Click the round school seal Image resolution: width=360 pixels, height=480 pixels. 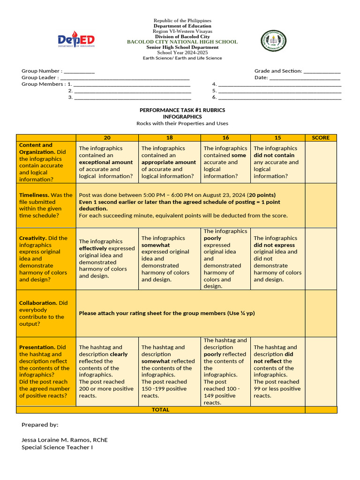(x=273, y=41)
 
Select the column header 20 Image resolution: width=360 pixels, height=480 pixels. (x=107, y=138)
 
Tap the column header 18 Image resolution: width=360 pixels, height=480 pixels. (x=169, y=138)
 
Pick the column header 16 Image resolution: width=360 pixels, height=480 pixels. (x=225, y=138)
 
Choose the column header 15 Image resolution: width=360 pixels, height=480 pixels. (x=277, y=138)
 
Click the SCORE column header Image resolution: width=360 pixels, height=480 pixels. (x=321, y=138)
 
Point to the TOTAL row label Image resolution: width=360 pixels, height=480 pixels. (x=160, y=410)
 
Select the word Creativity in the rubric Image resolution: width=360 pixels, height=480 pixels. (x=32, y=238)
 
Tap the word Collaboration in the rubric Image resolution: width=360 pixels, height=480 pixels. (x=36, y=303)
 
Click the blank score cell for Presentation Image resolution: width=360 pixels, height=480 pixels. (x=321, y=371)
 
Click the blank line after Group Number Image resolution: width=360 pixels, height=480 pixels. (x=79, y=71)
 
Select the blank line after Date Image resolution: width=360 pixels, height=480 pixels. (x=305, y=78)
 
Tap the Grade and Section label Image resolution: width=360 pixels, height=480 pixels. (x=278, y=71)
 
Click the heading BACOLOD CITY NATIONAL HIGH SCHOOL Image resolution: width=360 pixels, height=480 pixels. (x=182, y=42)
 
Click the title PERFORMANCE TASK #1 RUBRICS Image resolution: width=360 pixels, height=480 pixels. (x=182, y=110)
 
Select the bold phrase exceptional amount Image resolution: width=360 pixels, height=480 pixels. (x=106, y=162)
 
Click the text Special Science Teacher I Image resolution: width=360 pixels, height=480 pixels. (x=57, y=447)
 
